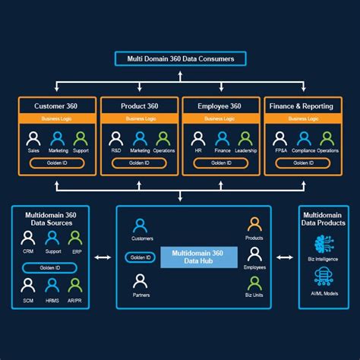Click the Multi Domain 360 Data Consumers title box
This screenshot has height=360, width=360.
(179, 58)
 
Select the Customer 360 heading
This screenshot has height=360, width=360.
(59, 106)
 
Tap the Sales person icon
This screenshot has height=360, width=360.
(33, 139)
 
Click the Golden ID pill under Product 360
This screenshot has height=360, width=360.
(140, 163)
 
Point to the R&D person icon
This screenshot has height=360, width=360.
(115, 139)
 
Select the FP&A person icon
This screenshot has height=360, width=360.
(279, 139)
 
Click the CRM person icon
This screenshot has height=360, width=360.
(28, 238)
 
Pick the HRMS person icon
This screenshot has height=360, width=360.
(52, 285)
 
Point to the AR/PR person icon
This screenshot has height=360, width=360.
(74, 285)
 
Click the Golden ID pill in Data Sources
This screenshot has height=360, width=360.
(51, 267)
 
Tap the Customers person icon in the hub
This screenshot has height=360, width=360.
(140, 226)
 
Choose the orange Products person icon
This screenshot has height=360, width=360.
(255, 225)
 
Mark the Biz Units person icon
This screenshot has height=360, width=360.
(255, 283)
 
